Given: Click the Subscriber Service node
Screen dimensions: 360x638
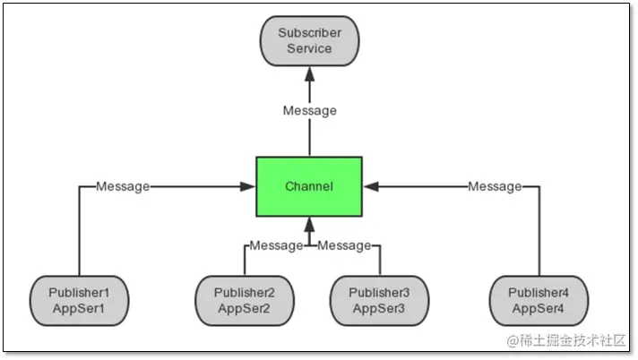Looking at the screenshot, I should tap(310, 40).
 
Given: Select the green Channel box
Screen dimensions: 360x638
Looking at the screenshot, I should tap(309, 186).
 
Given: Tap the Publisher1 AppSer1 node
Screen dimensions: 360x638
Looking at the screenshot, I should tap(79, 300).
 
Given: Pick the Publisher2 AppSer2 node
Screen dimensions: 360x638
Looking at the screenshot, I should tap(244, 300).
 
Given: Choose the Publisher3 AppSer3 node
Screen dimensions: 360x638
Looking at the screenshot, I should tap(379, 300).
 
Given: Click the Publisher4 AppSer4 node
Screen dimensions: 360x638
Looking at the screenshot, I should tap(539, 300).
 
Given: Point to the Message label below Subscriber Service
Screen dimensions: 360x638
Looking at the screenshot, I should tap(310, 111).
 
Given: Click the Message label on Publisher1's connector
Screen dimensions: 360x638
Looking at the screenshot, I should tap(123, 186).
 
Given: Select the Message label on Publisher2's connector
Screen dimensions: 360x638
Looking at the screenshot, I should tap(277, 244).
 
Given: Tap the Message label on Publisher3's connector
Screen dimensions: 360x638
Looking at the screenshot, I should tap(344, 244).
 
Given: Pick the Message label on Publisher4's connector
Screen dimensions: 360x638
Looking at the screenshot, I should tap(495, 186).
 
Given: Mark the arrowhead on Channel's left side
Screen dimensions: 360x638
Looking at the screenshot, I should tap(250, 186).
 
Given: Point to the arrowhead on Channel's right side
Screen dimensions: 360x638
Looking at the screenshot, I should tap(369, 186).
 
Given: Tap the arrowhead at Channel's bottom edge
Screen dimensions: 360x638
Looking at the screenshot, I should tap(310, 224).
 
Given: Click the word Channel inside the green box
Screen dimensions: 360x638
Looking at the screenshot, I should tap(309, 186).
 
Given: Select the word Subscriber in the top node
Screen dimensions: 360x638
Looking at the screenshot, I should tap(310, 33).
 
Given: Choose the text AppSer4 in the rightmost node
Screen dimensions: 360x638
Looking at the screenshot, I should tap(539, 308).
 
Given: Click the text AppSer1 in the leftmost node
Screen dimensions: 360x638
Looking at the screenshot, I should tap(79, 308).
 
